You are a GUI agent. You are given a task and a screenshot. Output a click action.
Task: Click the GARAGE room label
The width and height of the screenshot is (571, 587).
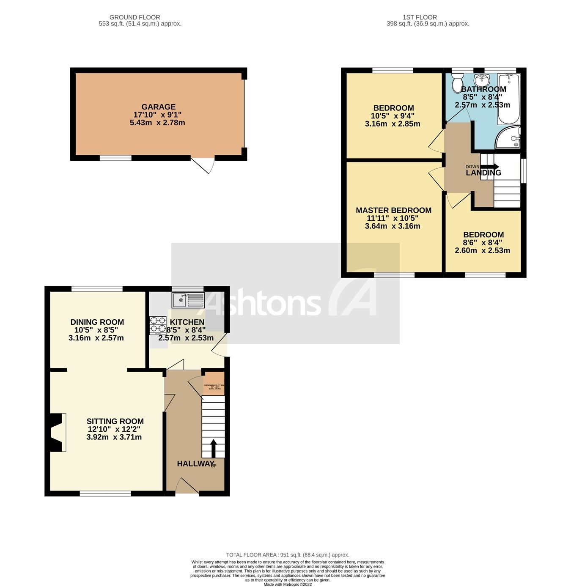pos(158,107)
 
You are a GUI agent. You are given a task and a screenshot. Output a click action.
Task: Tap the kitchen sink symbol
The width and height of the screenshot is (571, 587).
pos(188,300)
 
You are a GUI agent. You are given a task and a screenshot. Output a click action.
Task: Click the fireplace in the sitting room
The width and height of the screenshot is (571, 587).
pos(57,432)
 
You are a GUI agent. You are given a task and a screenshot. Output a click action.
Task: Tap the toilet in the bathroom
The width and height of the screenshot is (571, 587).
pos(457,82)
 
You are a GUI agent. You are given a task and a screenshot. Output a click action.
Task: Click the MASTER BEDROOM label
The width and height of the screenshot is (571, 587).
pos(393,210)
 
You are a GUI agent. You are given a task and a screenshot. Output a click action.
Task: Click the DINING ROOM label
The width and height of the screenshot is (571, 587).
pos(97,322)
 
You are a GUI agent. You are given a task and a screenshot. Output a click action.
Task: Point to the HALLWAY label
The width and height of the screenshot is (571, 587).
pos(195,464)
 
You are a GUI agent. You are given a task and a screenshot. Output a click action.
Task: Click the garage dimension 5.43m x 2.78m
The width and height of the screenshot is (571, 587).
pos(157,123)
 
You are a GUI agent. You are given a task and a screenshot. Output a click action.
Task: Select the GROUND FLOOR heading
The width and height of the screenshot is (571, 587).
pos(135,17)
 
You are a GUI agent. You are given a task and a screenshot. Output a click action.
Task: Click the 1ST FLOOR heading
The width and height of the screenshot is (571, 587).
pos(420,17)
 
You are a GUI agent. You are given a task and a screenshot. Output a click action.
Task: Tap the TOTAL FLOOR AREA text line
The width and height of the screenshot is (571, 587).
pos(288,555)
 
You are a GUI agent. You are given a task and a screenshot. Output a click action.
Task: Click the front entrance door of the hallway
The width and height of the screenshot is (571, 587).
pos(187,486)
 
